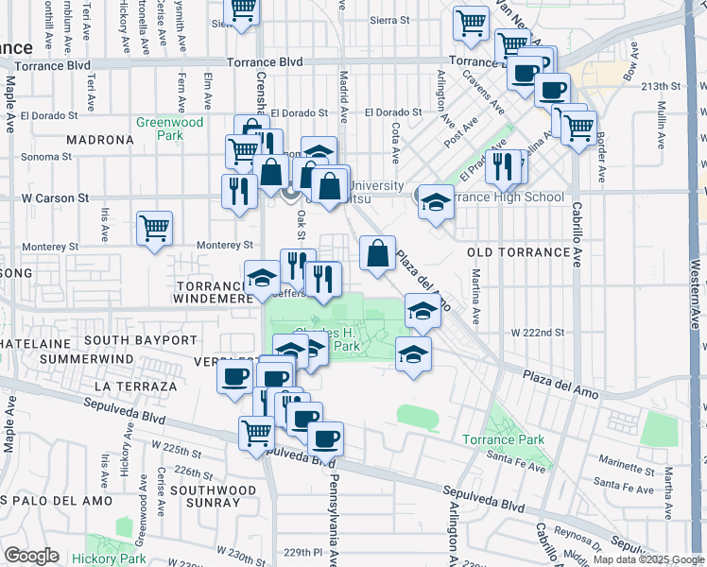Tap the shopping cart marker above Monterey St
pyautogui.click(x=154, y=228)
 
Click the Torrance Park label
pyautogui.click(x=503, y=439)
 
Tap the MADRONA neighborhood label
pyautogui.click(x=100, y=140)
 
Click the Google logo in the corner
pyautogui.click(x=31, y=556)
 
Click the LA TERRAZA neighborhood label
pyautogui.click(x=136, y=387)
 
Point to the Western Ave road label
pyautogui.click(x=695, y=283)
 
